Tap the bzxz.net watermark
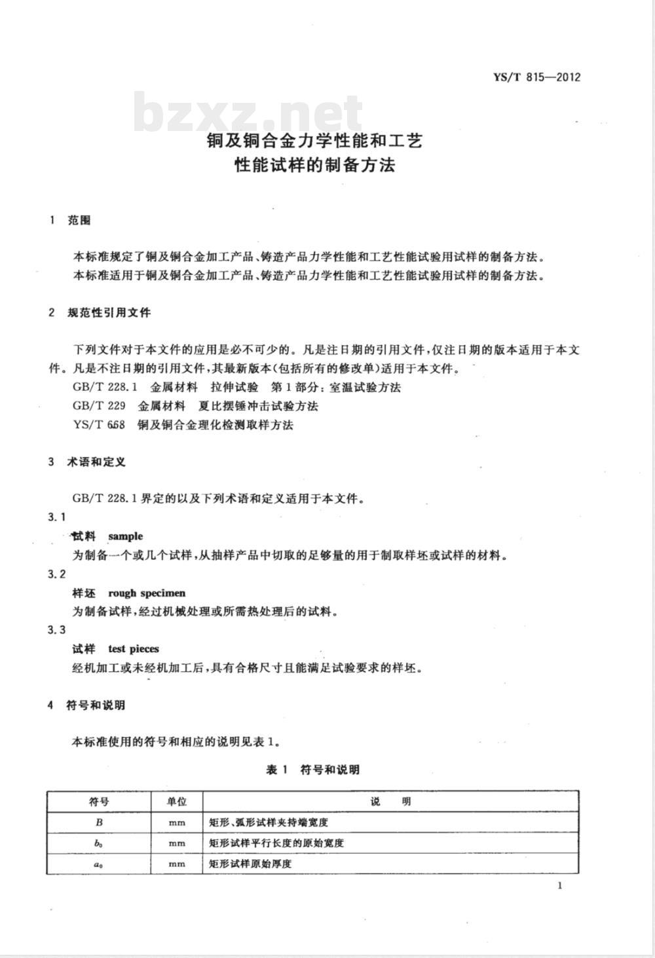249,113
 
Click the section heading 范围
79,220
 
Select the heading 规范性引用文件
109,312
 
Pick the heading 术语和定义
96,462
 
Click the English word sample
125,536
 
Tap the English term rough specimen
147,593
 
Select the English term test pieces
134,649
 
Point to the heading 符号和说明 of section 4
96,705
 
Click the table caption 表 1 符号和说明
312,769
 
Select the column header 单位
177,801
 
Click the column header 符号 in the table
99,801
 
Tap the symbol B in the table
99,822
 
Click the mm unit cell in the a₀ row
177,864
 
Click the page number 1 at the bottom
559,886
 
